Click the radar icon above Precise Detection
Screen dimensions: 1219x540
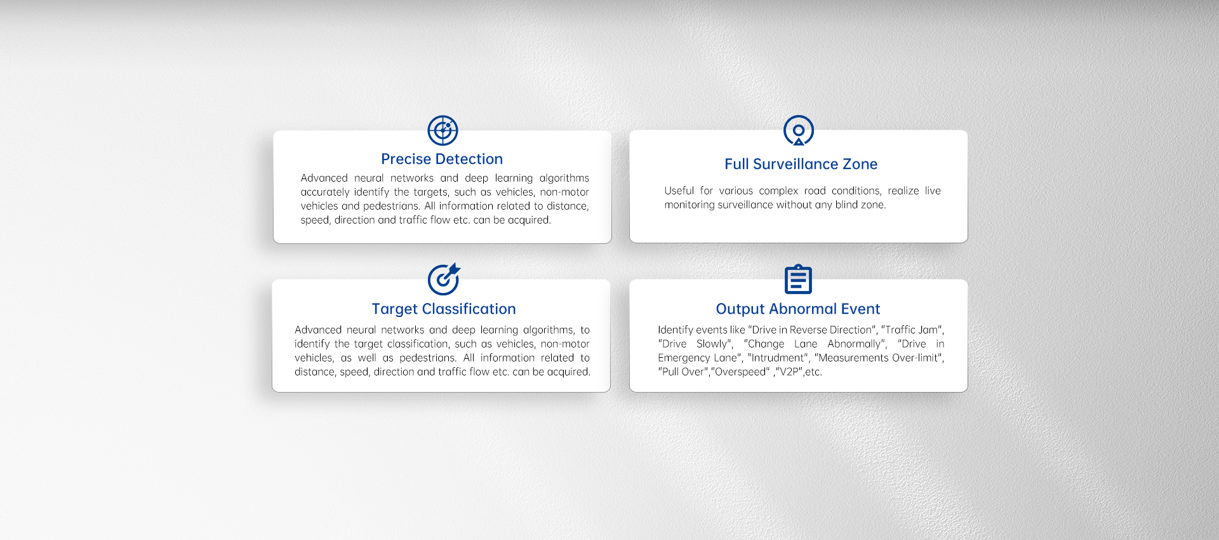click(443, 131)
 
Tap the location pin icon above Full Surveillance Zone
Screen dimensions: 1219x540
click(799, 130)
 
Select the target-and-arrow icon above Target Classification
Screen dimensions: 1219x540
click(444, 279)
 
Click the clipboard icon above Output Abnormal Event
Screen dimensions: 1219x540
click(798, 280)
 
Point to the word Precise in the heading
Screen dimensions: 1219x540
click(406, 159)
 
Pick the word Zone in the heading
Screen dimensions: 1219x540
click(860, 164)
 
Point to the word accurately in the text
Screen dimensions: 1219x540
click(325, 192)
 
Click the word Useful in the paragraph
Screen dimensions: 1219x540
click(679, 191)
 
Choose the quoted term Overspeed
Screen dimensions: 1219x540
click(740, 372)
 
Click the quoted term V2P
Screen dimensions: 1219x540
click(789, 372)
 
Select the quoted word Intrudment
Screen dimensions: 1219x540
click(778, 358)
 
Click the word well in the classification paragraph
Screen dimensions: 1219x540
click(367, 358)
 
